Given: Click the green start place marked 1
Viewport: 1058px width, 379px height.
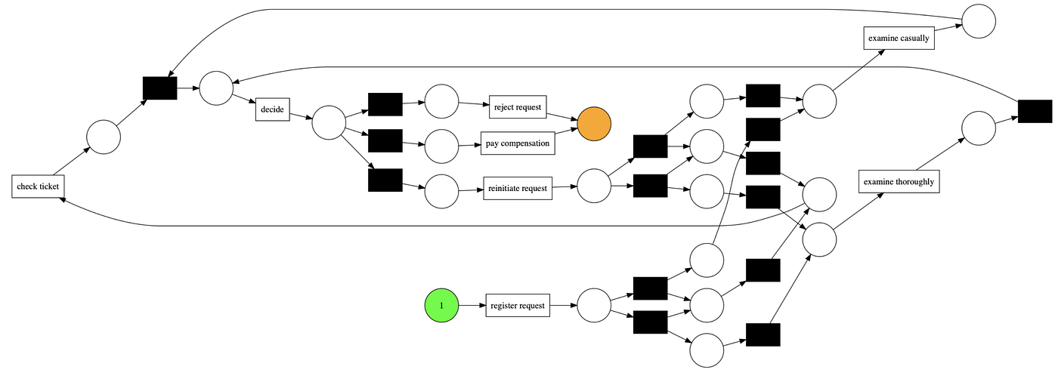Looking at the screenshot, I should pos(441,306).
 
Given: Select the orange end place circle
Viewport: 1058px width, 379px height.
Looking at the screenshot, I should pos(594,122).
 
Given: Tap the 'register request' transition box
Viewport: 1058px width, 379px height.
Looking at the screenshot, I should pos(518,306).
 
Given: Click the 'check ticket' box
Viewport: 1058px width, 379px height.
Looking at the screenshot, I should pos(37,186).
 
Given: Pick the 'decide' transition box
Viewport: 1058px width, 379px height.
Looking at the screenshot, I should pos(272,109).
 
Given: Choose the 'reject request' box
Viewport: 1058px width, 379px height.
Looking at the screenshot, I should pos(518,107).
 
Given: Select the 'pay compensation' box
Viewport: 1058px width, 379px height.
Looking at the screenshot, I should pos(518,143).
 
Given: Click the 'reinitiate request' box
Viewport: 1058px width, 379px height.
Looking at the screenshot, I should pos(518,188).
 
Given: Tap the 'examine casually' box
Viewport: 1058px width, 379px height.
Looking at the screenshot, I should pos(899,37).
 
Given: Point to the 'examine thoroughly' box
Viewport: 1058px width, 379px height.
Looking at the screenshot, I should pos(899,182).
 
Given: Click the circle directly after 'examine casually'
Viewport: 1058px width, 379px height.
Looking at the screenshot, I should pos(979,20).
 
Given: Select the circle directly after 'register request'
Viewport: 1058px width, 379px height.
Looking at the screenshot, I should pos(594,306).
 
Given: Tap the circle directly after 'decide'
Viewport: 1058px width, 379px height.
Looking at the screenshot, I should pos(329,122).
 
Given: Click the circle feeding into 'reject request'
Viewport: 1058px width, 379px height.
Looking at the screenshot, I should pos(442,101).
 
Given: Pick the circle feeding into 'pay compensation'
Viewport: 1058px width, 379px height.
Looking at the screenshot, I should pos(442,146).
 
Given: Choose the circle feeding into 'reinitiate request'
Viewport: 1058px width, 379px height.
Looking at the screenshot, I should pos(442,192).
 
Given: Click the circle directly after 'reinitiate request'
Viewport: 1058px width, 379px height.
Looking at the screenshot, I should pos(594,186).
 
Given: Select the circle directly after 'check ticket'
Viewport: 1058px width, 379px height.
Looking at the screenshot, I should pos(104,137).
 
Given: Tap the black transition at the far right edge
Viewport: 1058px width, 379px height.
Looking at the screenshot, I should pos(1035,111).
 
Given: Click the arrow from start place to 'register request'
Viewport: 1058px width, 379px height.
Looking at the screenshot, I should pos(472,306).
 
